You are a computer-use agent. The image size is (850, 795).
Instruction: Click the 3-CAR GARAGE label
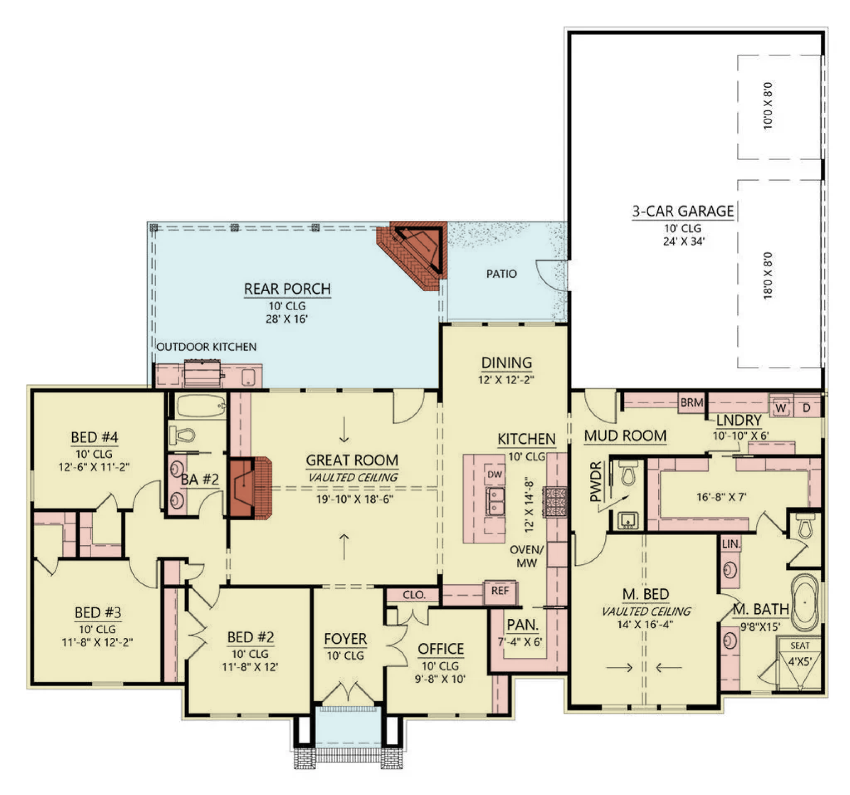tap(683, 211)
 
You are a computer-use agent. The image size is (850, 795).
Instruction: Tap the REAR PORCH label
tap(287, 289)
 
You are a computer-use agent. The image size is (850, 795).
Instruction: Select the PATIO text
tap(501, 273)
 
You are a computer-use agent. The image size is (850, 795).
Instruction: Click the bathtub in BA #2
tap(201, 405)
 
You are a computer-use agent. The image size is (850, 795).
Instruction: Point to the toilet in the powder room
tap(628, 472)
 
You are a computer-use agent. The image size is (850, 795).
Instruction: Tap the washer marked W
tap(781, 407)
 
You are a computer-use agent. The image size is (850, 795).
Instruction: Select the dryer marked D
tap(806, 408)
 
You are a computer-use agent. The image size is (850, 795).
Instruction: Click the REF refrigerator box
tap(500, 592)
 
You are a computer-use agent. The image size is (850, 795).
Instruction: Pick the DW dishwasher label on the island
tap(495, 474)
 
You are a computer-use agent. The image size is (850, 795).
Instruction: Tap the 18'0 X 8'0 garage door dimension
tap(768, 275)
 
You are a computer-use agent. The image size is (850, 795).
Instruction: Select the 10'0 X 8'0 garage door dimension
tap(768, 105)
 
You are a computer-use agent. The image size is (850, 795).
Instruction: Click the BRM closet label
tap(692, 402)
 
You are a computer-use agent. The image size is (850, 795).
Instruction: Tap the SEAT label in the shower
tap(799, 645)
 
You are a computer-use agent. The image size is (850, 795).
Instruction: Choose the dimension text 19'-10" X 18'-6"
tap(354, 499)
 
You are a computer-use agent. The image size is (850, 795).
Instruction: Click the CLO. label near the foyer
tap(414, 595)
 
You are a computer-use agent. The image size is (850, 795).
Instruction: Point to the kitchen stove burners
tap(555, 502)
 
